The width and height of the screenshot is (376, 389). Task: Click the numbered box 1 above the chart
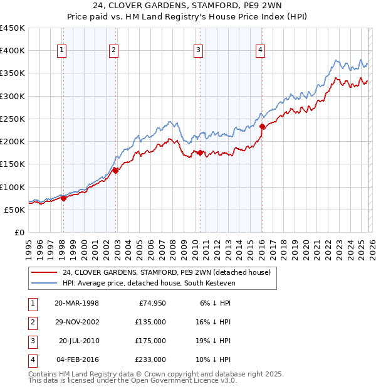point(63,51)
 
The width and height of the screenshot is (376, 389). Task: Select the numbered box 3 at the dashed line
point(198,51)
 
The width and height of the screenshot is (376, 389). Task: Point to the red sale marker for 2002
point(116,170)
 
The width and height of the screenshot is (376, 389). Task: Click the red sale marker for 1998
point(63,198)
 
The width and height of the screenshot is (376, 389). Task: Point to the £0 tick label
point(19,233)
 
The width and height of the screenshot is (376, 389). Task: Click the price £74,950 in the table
point(150,302)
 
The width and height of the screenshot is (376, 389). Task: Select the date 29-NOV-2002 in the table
point(77,321)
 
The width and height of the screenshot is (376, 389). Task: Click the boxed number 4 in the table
point(31,360)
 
